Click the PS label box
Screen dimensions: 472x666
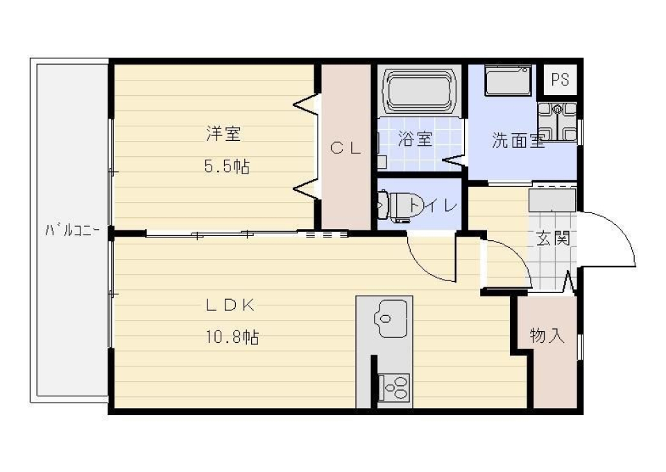[560, 80]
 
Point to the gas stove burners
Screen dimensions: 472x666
[393, 387]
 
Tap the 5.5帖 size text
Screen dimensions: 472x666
[227, 167]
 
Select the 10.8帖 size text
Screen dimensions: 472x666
[232, 338]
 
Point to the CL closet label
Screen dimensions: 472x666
[345, 147]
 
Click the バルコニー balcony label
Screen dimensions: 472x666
[73, 230]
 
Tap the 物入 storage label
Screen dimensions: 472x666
[547, 337]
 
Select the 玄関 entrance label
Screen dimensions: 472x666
[553, 239]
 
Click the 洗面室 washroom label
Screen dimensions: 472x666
[518, 141]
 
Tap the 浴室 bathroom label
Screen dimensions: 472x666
[415, 138]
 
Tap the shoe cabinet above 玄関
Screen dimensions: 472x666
[552, 200]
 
